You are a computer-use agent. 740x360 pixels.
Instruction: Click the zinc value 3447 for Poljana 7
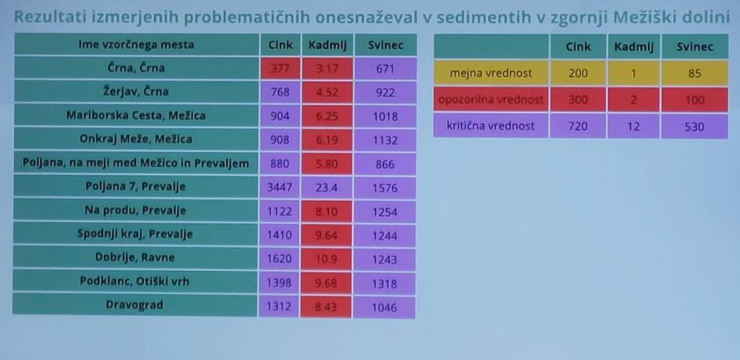pos(280,188)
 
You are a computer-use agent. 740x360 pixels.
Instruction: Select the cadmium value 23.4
pos(325,188)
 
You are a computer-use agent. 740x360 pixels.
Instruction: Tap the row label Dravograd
pos(136,306)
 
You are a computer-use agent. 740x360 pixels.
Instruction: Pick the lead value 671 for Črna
pos(384,69)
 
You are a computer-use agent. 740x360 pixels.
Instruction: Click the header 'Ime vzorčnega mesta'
pos(136,45)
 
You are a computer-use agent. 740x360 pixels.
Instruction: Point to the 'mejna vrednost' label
pos(491,73)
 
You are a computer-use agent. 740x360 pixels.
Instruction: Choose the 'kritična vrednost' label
pos(491,126)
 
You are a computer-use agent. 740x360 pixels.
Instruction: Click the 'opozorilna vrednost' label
pos(491,100)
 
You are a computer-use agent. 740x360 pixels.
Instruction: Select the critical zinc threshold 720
pos(579,126)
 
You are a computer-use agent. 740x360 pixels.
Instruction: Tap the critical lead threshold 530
pos(694,126)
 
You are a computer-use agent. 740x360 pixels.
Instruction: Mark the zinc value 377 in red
pos(280,69)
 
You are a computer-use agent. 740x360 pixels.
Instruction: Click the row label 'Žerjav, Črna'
pos(136,92)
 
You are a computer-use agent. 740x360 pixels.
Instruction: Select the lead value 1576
pos(384,188)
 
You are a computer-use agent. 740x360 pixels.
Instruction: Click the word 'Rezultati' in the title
pos(47,16)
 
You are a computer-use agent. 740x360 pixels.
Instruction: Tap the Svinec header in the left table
pos(384,45)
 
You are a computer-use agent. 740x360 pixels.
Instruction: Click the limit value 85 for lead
pos(694,73)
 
